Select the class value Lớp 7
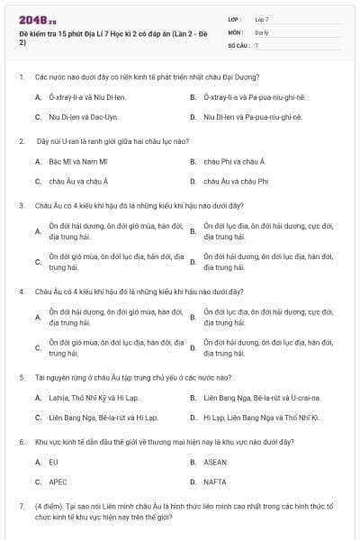coord(262,19)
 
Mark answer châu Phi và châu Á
coord(234,161)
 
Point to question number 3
coord(22,205)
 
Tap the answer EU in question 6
coord(54,462)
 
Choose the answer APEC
coord(58,481)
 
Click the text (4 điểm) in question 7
coord(49,507)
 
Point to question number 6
coord(22,442)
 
